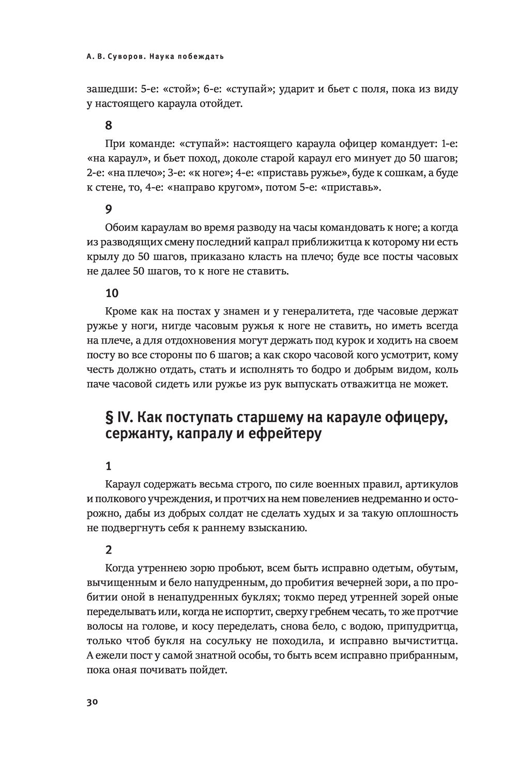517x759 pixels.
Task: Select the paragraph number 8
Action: (x=108, y=125)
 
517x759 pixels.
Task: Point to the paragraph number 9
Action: (x=108, y=209)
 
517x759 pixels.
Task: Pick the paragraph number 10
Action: (x=112, y=293)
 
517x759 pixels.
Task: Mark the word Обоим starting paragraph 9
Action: (x=121, y=228)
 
